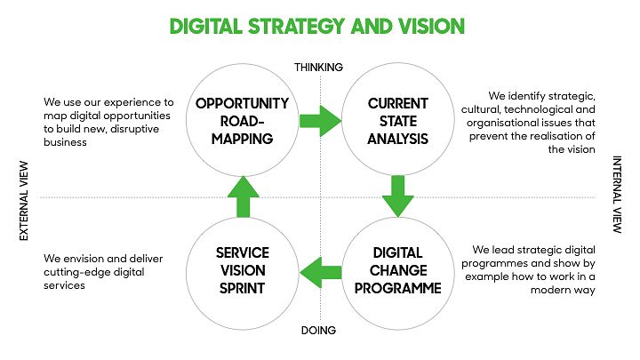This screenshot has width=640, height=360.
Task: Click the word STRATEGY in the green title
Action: pyautogui.click(x=297, y=27)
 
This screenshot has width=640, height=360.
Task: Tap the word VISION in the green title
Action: pyautogui.click(x=432, y=27)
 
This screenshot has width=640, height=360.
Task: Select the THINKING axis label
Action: pyautogui.click(x=319, y=68)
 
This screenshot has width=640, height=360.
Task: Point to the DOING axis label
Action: pyautogui.click(x=318, y=330)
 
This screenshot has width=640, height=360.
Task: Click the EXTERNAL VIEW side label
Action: pyautogui.click(x=24, y=201)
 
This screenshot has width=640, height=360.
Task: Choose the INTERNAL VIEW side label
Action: pyautogui.click(x=617, y=195)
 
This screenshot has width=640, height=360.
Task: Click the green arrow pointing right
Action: pyautogui.click(x=320, y=121)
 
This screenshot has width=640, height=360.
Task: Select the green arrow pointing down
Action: pyautogui.click(x=398, y=196)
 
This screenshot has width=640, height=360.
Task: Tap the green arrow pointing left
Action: pyautogui.click(x=320, y=272)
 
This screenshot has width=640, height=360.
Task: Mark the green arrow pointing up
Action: pyautogui.click(x=244, y=196)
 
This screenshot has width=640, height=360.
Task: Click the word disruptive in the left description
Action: pyautogui.click(x=135, y=129)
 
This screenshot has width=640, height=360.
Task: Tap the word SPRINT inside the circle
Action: pyautogui.click(x=243, y=289)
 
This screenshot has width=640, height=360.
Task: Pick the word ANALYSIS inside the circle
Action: pyautogui.click(x=398, y=140)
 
